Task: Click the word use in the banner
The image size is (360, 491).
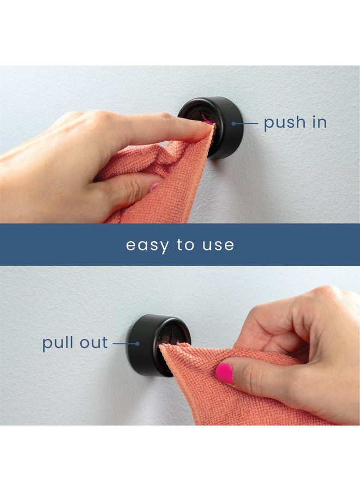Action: [x=219, y=245]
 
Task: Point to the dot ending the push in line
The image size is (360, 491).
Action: [x=233, y=123]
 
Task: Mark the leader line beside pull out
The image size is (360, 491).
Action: [x=124, y=344]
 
